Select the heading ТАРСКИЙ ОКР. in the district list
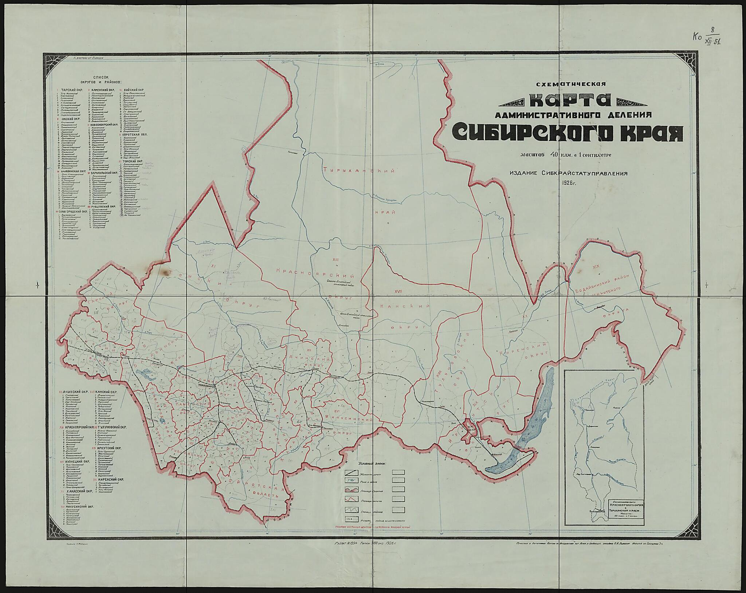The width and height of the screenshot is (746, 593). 72,90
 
